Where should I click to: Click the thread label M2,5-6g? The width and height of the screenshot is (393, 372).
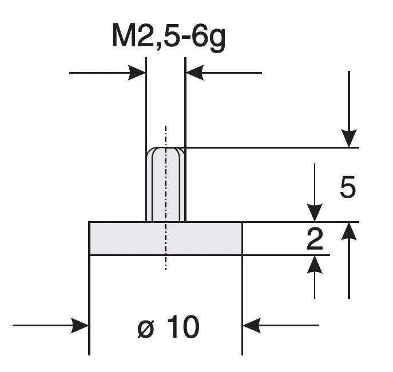point(169,39)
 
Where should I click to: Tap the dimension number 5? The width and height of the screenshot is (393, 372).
point(347,187)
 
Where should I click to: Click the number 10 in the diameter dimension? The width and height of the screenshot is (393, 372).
point(184,327)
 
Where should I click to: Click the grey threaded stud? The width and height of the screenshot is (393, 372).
point(166,186)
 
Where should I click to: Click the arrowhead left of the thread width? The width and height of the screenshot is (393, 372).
point(138,73)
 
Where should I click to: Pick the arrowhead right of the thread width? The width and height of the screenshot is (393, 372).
point(194,73)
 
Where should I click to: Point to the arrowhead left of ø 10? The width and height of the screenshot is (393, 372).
point(81,326)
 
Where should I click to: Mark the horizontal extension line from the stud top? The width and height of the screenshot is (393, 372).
point(269,147)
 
